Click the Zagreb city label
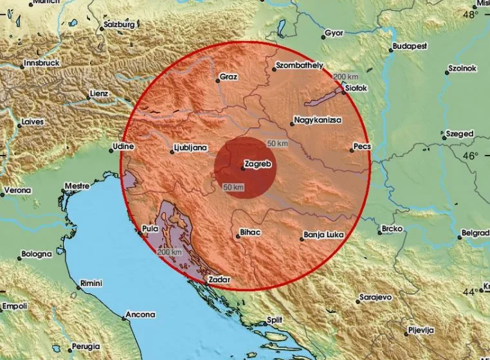260,165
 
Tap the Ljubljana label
192,148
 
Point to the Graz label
228,77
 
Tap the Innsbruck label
41,64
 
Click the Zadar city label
217,280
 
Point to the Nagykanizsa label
318,120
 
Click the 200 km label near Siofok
343,76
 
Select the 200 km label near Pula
168,252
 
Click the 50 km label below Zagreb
233,187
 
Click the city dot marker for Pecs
352,150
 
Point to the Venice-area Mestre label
77,186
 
